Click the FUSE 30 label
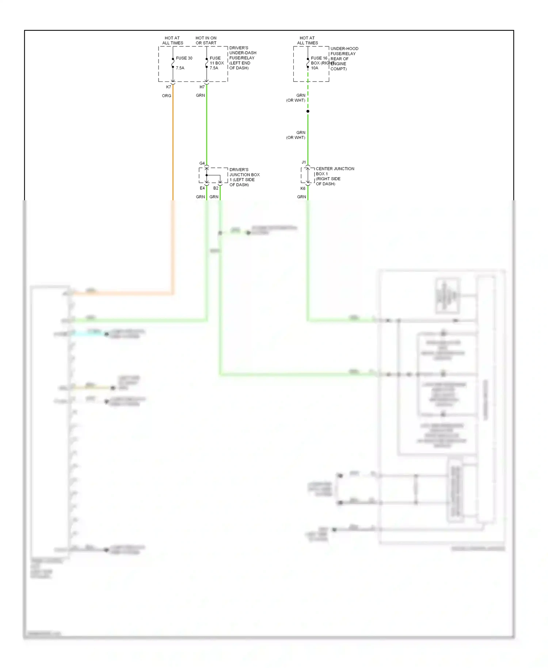point(184,58)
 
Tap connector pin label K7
point(168,87)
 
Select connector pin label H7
point(202,87)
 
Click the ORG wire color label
point(166,96)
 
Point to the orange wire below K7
point(173,146)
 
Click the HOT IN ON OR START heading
point(206,40)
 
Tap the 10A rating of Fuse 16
point(315,68)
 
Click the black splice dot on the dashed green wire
point(308,111)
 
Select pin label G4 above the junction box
point(202,163)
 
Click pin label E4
point(202,188)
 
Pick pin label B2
point(216,188)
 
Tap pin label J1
point(304,162)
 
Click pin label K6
point(303,189)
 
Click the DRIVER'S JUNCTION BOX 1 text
point(244,177)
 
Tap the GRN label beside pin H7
point(200,95)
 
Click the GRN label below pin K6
point(301,197)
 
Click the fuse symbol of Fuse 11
point(206,63)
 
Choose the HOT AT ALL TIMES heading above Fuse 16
point(307,40)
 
